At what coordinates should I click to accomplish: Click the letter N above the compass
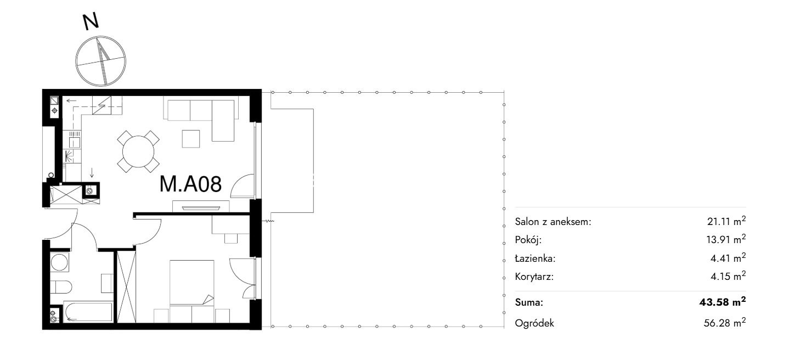[91, 21]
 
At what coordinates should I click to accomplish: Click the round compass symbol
[100, 61]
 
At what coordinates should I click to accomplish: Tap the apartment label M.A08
[190, 184]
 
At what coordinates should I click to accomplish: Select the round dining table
[138, 151]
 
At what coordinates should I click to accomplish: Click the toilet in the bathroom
[61, 286]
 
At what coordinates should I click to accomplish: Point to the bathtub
[88, 312]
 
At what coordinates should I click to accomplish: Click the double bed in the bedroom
[192, 283]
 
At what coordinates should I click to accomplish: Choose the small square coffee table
[191, 139]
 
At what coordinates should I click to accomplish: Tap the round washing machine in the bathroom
[60, 262]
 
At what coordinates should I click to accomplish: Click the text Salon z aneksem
[553, 222]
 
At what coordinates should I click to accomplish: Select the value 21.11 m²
[726, 221]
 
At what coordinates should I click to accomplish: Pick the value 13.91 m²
[726, 239]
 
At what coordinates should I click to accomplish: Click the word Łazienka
[535, 258]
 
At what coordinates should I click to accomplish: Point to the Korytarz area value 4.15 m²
[728, 276]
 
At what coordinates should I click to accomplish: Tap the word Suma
[529, 303]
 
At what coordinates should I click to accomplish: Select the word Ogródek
[534, 323]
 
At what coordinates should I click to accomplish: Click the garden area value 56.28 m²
[725, 323]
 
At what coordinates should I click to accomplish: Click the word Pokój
[528, 240]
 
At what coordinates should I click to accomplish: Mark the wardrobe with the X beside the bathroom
[126, 287]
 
